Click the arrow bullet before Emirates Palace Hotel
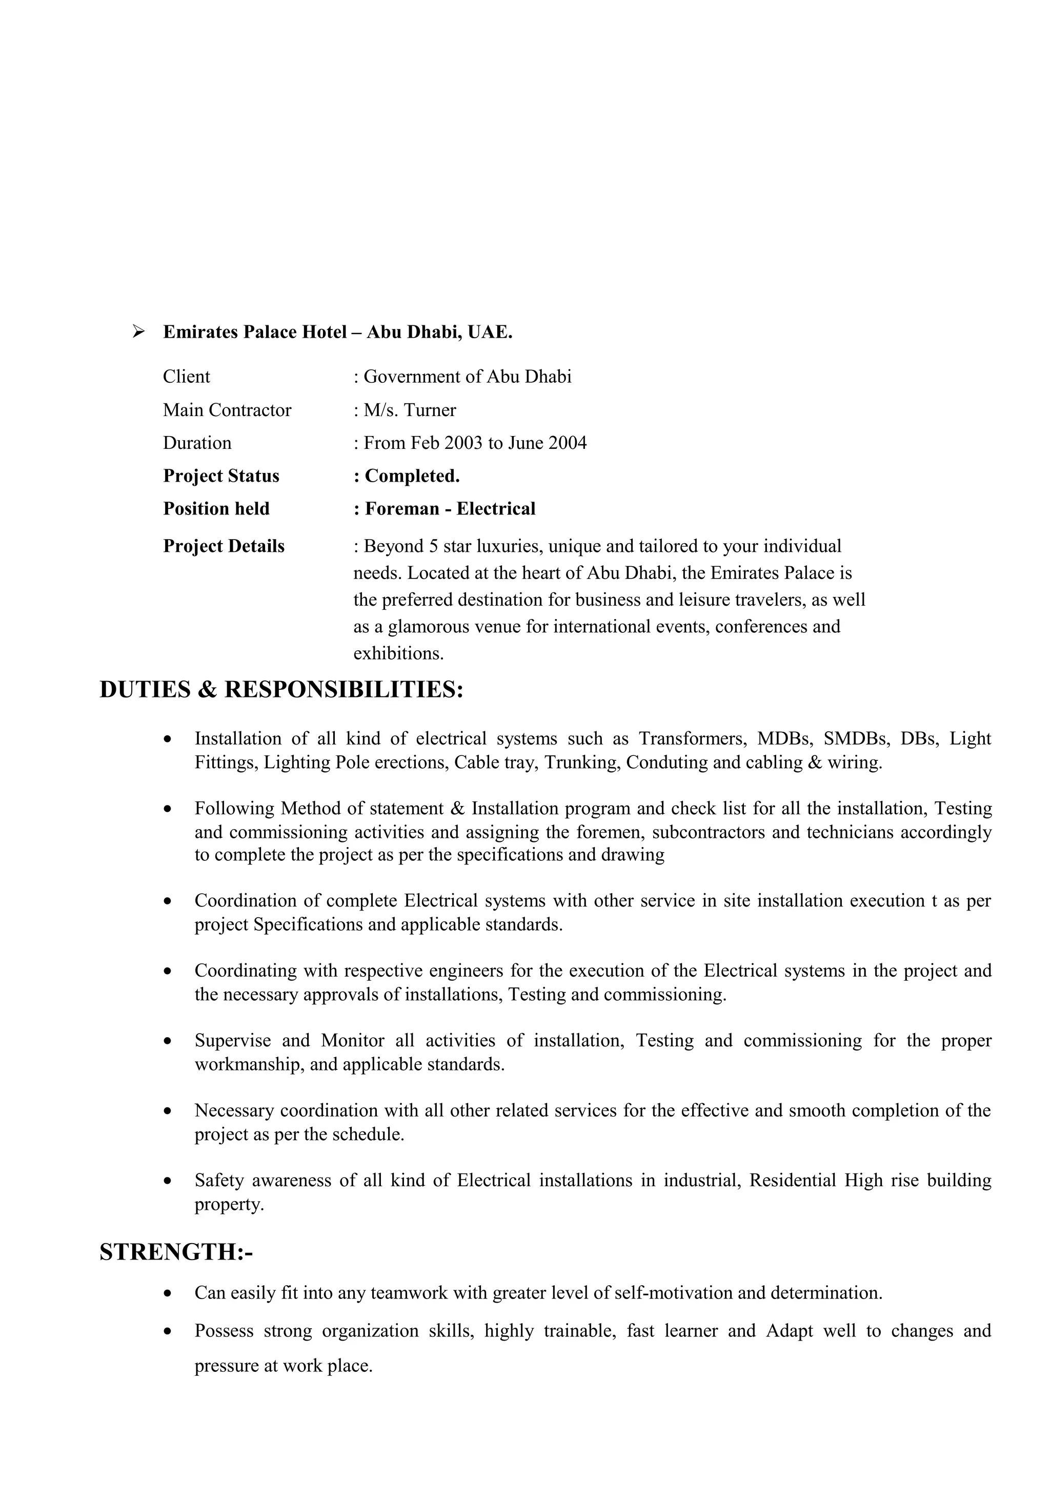[138, 332]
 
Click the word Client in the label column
[186, 377]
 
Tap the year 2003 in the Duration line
[463, 443]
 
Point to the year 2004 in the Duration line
[568, 443]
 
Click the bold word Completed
[412, 476]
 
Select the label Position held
[216, 509]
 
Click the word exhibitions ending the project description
[398, 653]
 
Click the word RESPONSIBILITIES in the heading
[344, 690]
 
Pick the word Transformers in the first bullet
[692, 738]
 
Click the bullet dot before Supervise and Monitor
[168, 1042]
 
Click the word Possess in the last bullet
[224, 1331]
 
